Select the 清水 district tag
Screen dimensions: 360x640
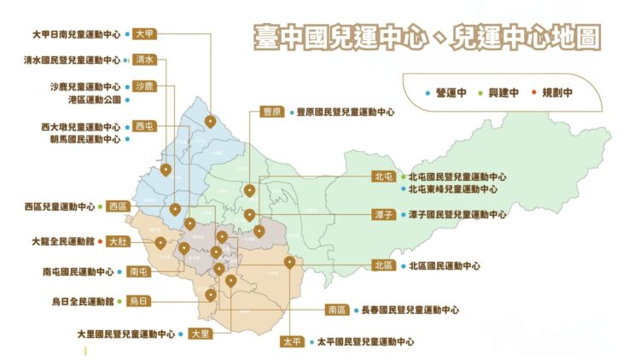145,61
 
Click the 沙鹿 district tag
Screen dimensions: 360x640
144,86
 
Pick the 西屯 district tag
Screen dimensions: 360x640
145,126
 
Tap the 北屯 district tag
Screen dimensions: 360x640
383,177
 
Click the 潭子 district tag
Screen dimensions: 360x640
383,215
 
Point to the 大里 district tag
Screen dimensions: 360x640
201,334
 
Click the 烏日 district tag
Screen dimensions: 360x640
138,301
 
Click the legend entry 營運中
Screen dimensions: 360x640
448,92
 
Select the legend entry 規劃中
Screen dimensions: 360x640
557,92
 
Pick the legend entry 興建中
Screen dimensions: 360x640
503,92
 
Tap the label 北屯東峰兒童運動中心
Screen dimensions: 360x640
452,189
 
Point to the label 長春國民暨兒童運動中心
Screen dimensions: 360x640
410,310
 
